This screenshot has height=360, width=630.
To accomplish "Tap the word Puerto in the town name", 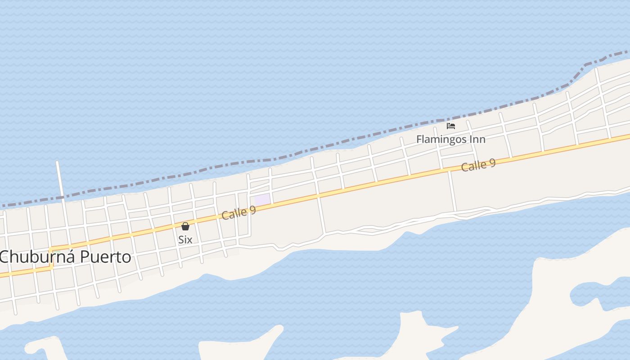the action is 106,257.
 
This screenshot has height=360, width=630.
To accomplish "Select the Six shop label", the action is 185,239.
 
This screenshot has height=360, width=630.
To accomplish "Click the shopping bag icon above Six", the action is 185,226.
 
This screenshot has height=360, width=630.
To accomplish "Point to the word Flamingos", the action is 441,139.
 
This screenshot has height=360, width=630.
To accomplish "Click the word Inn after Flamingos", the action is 477,139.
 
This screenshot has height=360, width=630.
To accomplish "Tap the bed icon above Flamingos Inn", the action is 451,126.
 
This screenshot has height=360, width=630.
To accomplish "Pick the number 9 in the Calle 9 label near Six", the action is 252,209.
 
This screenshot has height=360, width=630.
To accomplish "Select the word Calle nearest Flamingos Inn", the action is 474,166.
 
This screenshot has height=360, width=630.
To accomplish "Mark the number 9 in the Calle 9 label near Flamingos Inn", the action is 492,162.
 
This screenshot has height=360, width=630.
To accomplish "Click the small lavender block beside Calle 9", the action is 262,199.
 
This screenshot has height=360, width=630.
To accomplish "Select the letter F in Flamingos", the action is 419,139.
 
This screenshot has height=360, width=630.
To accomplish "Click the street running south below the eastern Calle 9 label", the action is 452,191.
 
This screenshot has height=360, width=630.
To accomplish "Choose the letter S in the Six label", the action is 180,239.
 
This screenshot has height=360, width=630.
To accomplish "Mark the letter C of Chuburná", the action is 5,257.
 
